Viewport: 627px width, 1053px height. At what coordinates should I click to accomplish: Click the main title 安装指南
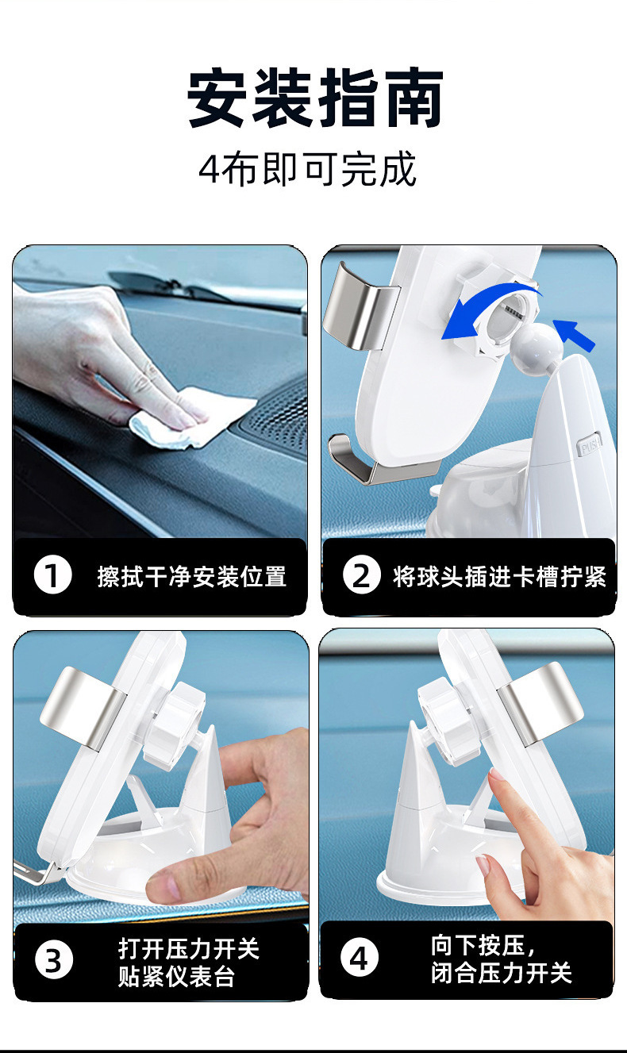(315, 98)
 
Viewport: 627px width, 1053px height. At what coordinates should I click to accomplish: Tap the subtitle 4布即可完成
(308, 169)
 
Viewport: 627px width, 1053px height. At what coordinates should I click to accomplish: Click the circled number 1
(52, 575)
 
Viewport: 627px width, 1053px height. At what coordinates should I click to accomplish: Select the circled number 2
(361, 575)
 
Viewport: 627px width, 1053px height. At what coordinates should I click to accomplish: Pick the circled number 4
(360, 958)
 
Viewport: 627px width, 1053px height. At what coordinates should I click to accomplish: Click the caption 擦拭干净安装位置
(192, 576)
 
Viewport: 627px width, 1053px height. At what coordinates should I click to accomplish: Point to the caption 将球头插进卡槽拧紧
(500, 576)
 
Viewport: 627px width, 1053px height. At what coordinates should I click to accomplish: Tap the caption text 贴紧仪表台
(176, 976)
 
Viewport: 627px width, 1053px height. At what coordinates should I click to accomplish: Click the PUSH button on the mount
(589, 444)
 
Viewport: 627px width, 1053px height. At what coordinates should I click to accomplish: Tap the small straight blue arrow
(574, 334)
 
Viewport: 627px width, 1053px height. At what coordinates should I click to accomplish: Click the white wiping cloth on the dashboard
(193, 417)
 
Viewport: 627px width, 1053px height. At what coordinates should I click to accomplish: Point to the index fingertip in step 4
(495, 774)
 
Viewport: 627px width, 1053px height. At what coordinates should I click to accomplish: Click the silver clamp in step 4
(540, 701)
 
